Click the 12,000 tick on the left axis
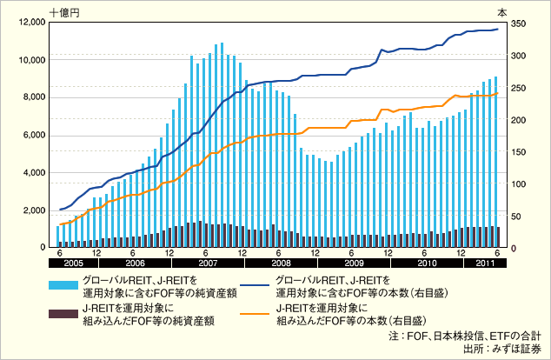coord(30,22)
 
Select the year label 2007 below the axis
coord(208,263)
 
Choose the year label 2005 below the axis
coord(72,263)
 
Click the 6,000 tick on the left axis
coord(33,135)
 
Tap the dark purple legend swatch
coord(60,314)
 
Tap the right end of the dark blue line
coord(497,29)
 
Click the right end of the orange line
coord(497,93)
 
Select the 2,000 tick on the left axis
coord(33,210)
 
